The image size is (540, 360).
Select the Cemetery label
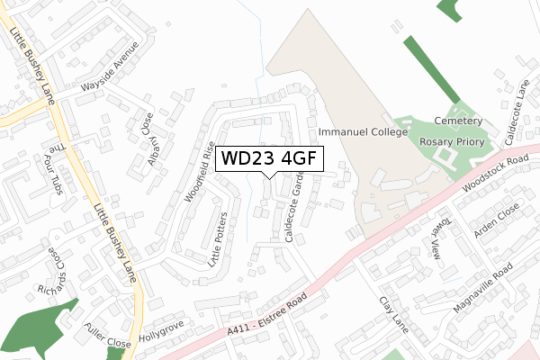460,121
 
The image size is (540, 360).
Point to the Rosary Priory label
453,142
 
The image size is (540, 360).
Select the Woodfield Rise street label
200,174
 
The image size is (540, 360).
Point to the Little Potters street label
219,239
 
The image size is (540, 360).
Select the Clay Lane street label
393,314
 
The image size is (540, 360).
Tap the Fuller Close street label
105,344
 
